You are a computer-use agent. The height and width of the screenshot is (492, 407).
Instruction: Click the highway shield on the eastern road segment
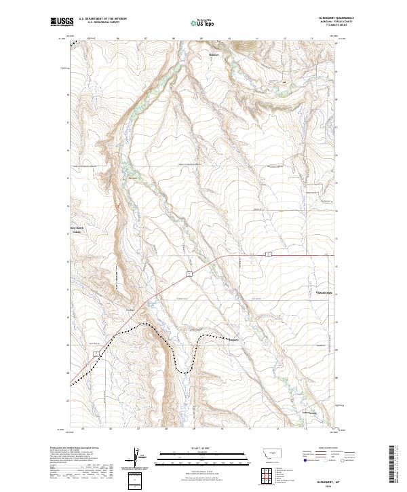[269, 254]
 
